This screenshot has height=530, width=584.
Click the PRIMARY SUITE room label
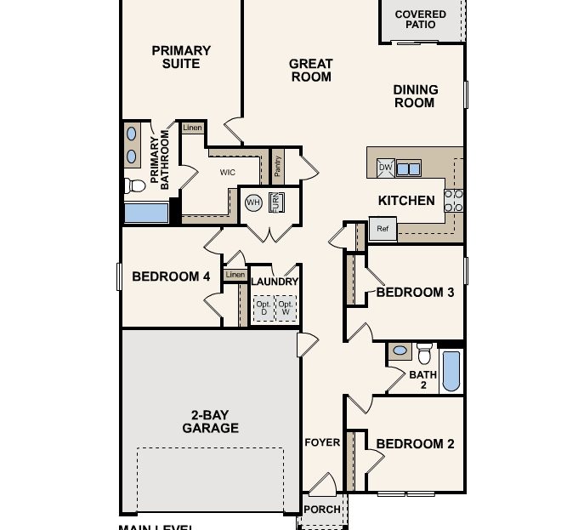[x=181, y=57]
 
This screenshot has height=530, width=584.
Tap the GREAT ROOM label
[x=310, y=70]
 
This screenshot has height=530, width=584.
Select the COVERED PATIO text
[x=420, y=20]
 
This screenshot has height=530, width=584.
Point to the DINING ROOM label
[x=415, y=96]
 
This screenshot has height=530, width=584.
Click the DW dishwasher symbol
[x=385, y=168]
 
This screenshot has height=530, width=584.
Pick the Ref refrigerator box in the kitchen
[x=383, y=229]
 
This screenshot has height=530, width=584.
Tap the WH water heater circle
[x=253, y=202]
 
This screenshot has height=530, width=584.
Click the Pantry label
[x=278, y=166]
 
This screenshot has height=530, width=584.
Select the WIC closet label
[x=227, y=173]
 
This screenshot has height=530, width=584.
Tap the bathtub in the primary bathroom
[x=146, y=212]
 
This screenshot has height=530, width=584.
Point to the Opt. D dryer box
[x=263, y=308]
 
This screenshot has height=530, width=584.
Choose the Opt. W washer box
[x=286, y=308]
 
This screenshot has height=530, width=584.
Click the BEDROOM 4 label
[x=171, y=276]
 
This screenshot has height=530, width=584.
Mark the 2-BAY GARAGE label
[x=210, y=422]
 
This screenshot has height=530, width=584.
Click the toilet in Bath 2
[x=424, y=350]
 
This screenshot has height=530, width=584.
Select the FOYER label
[x=322, y=442]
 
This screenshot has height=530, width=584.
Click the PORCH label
[x=322, y=510]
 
